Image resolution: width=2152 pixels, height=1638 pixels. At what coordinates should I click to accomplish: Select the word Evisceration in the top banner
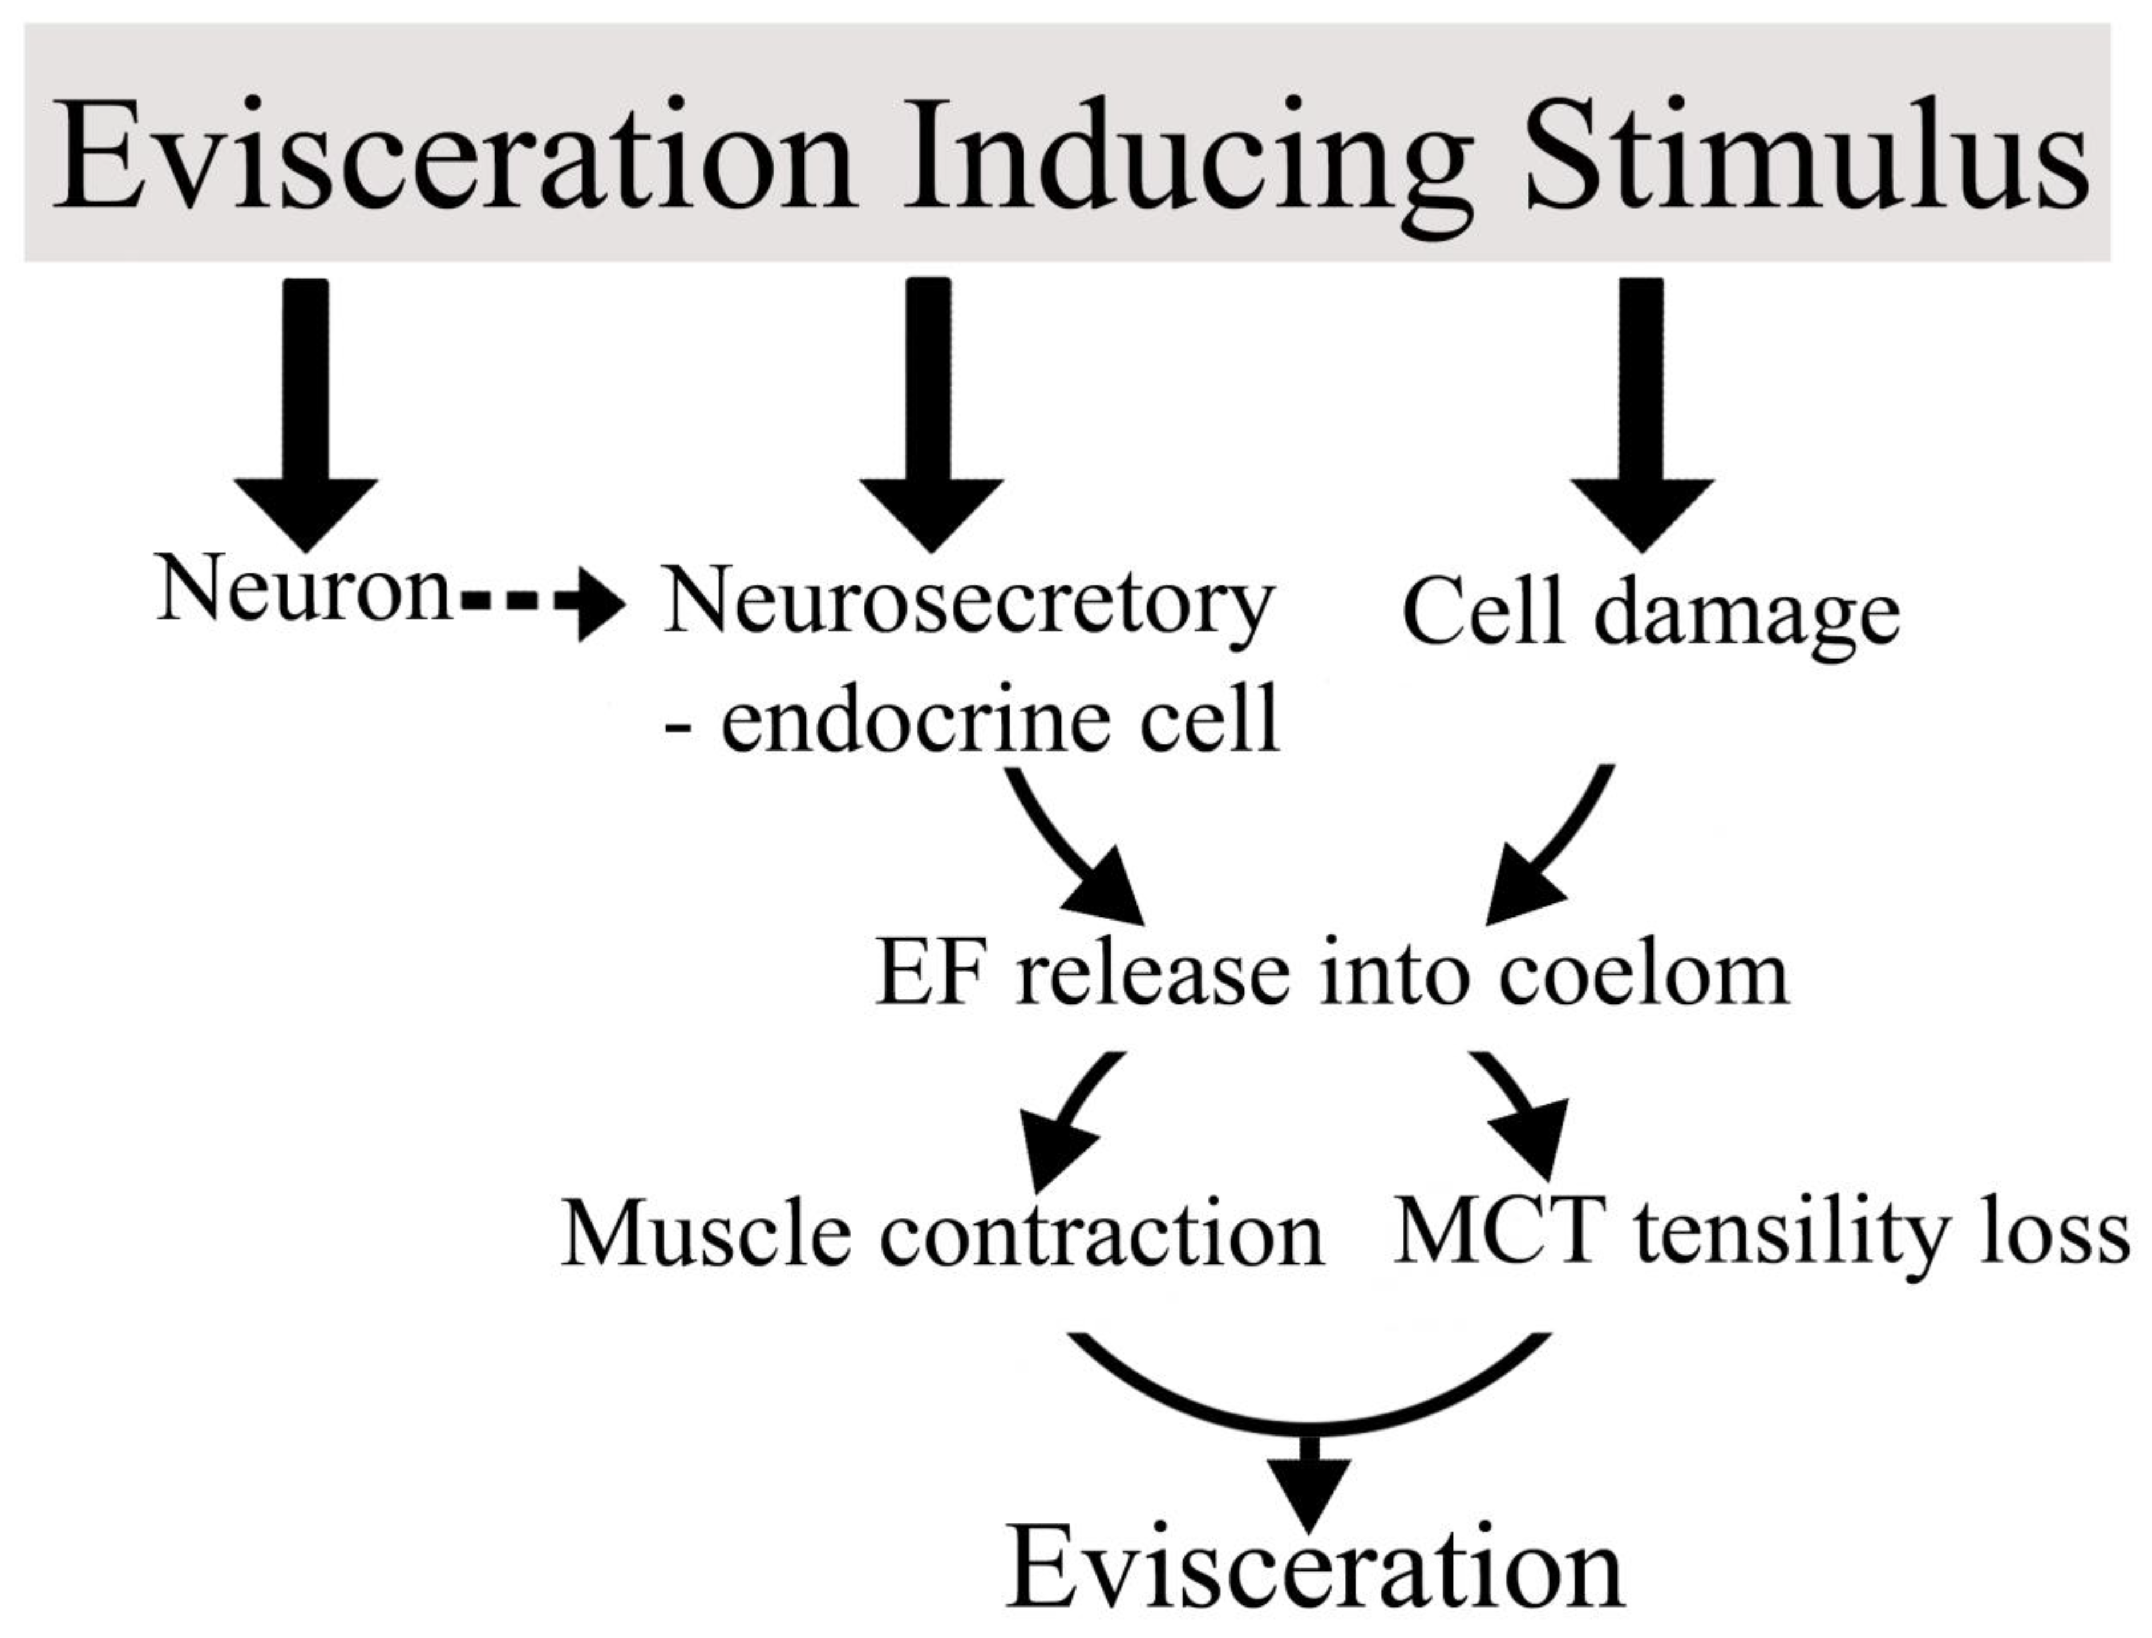tap(454, 156)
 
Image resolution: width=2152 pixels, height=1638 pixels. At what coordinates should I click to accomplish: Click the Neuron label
tap(304, 590)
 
